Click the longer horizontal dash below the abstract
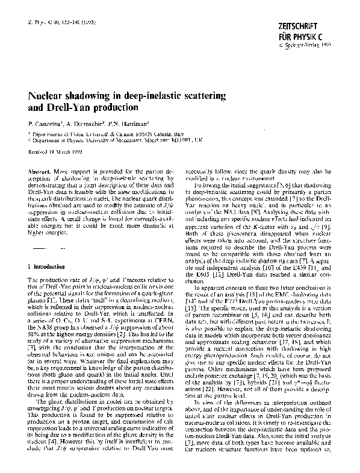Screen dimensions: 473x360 point(40,248)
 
